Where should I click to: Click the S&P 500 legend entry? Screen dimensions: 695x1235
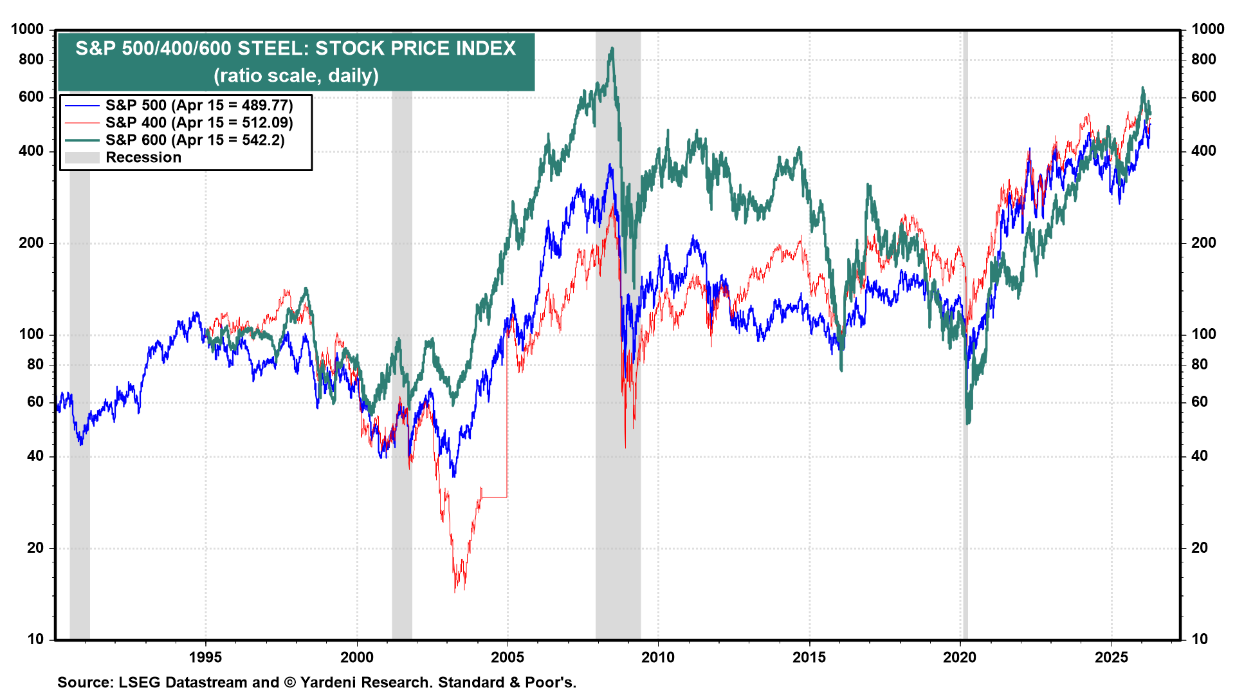pos(199,106)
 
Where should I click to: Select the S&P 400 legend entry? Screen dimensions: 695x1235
pos(199,123)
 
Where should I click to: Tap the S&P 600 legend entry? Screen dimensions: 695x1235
pos(194,140)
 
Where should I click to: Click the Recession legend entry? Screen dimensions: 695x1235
pos(143,158)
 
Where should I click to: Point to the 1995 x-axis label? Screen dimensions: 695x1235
pos(206,658)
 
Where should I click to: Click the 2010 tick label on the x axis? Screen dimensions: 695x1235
pos(658,658)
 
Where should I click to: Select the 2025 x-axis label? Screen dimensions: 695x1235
pos(1111,658)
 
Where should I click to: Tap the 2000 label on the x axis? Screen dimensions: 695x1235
pos(356,658)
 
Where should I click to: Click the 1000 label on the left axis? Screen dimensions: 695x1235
pos(28,30)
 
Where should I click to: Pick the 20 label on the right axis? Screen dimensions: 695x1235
pos(1200,548)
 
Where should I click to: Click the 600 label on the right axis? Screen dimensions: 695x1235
pos(1203,97)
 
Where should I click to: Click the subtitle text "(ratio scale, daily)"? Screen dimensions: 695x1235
pos(296,76)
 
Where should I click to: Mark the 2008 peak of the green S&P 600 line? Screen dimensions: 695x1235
pos(612,48)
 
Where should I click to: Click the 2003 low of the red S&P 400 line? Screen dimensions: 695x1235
pos(455,591)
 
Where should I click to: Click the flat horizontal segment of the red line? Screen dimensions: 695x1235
pos(494,497)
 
